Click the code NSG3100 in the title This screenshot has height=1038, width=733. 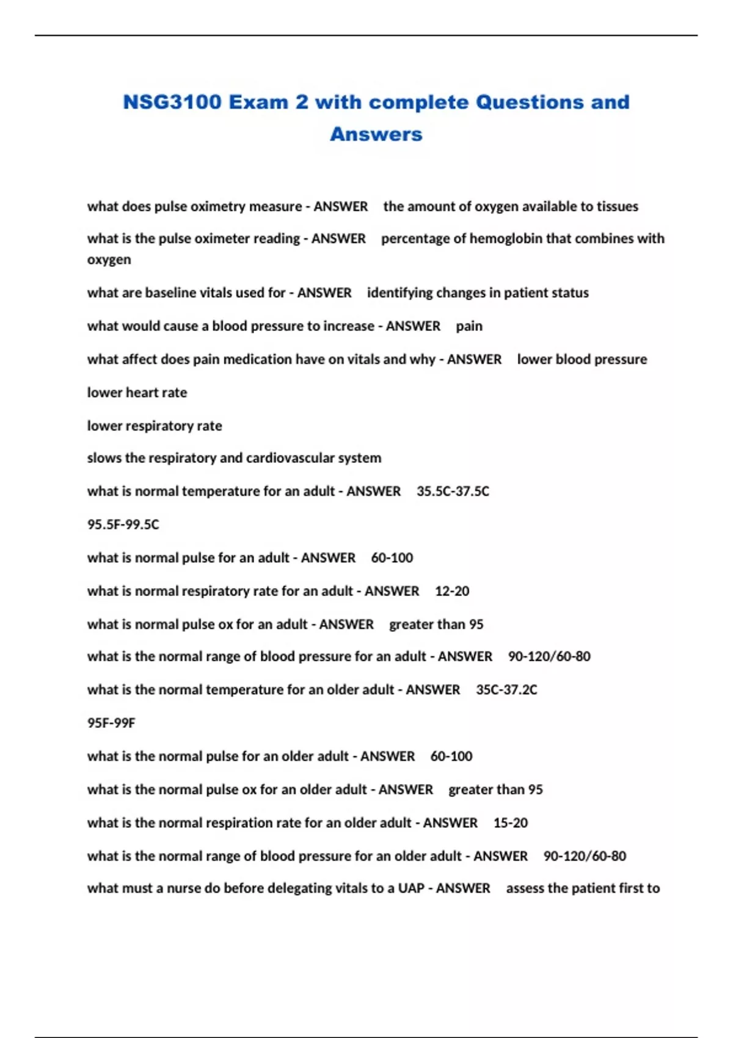point(172,102)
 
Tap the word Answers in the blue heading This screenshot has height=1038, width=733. point(376,134)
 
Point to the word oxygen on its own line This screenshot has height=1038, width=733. point(109,259)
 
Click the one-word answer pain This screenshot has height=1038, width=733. point(469,326)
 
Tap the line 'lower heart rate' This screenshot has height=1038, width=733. point(137,393)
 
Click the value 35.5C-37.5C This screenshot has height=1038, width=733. point(453,492)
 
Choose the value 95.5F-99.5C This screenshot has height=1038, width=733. point(123,524)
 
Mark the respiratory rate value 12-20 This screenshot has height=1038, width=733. point(452,591)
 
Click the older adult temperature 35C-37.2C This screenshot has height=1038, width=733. point(506,690)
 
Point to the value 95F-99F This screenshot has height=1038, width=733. point(111,723)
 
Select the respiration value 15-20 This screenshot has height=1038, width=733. point(511,823)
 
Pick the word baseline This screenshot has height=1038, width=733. point(172,292)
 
